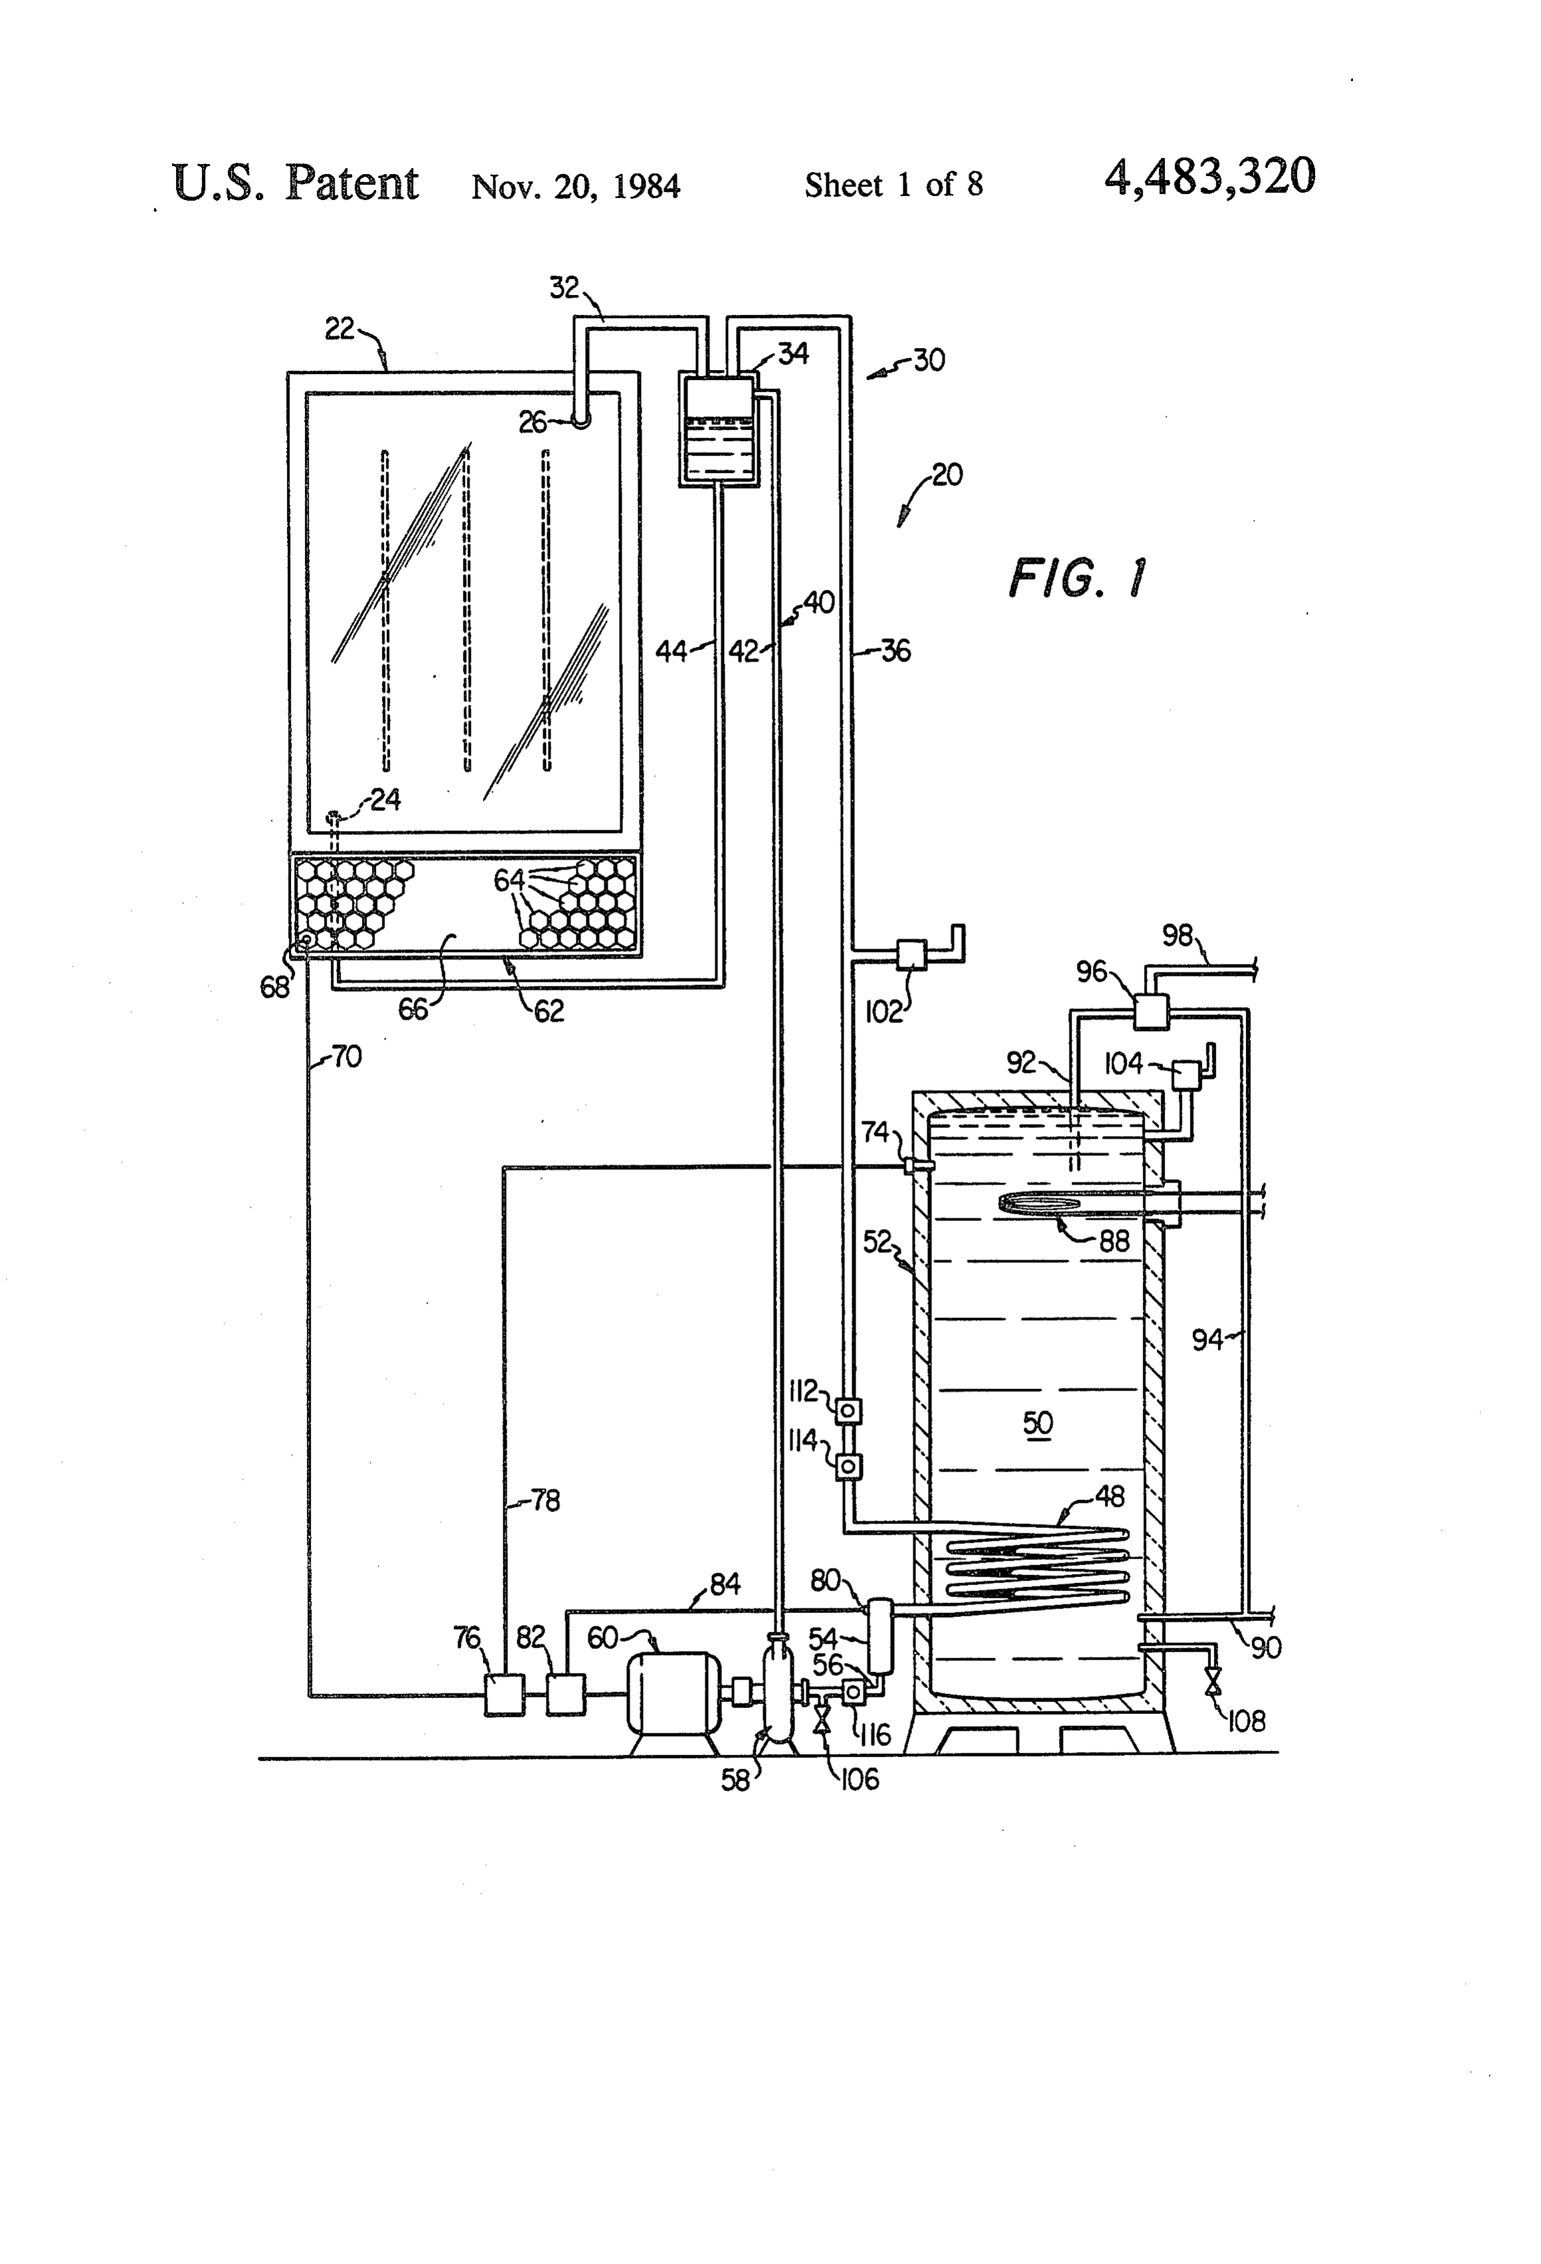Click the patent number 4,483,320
[1210, 177]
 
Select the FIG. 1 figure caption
[1077, 579]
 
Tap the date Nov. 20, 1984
[576, 186]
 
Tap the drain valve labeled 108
[1214, 1681]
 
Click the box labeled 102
[911, 954]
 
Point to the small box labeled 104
[1186, 1074]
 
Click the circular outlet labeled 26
[580, 421]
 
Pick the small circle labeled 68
[305, 939]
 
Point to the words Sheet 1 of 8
[893, 185]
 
